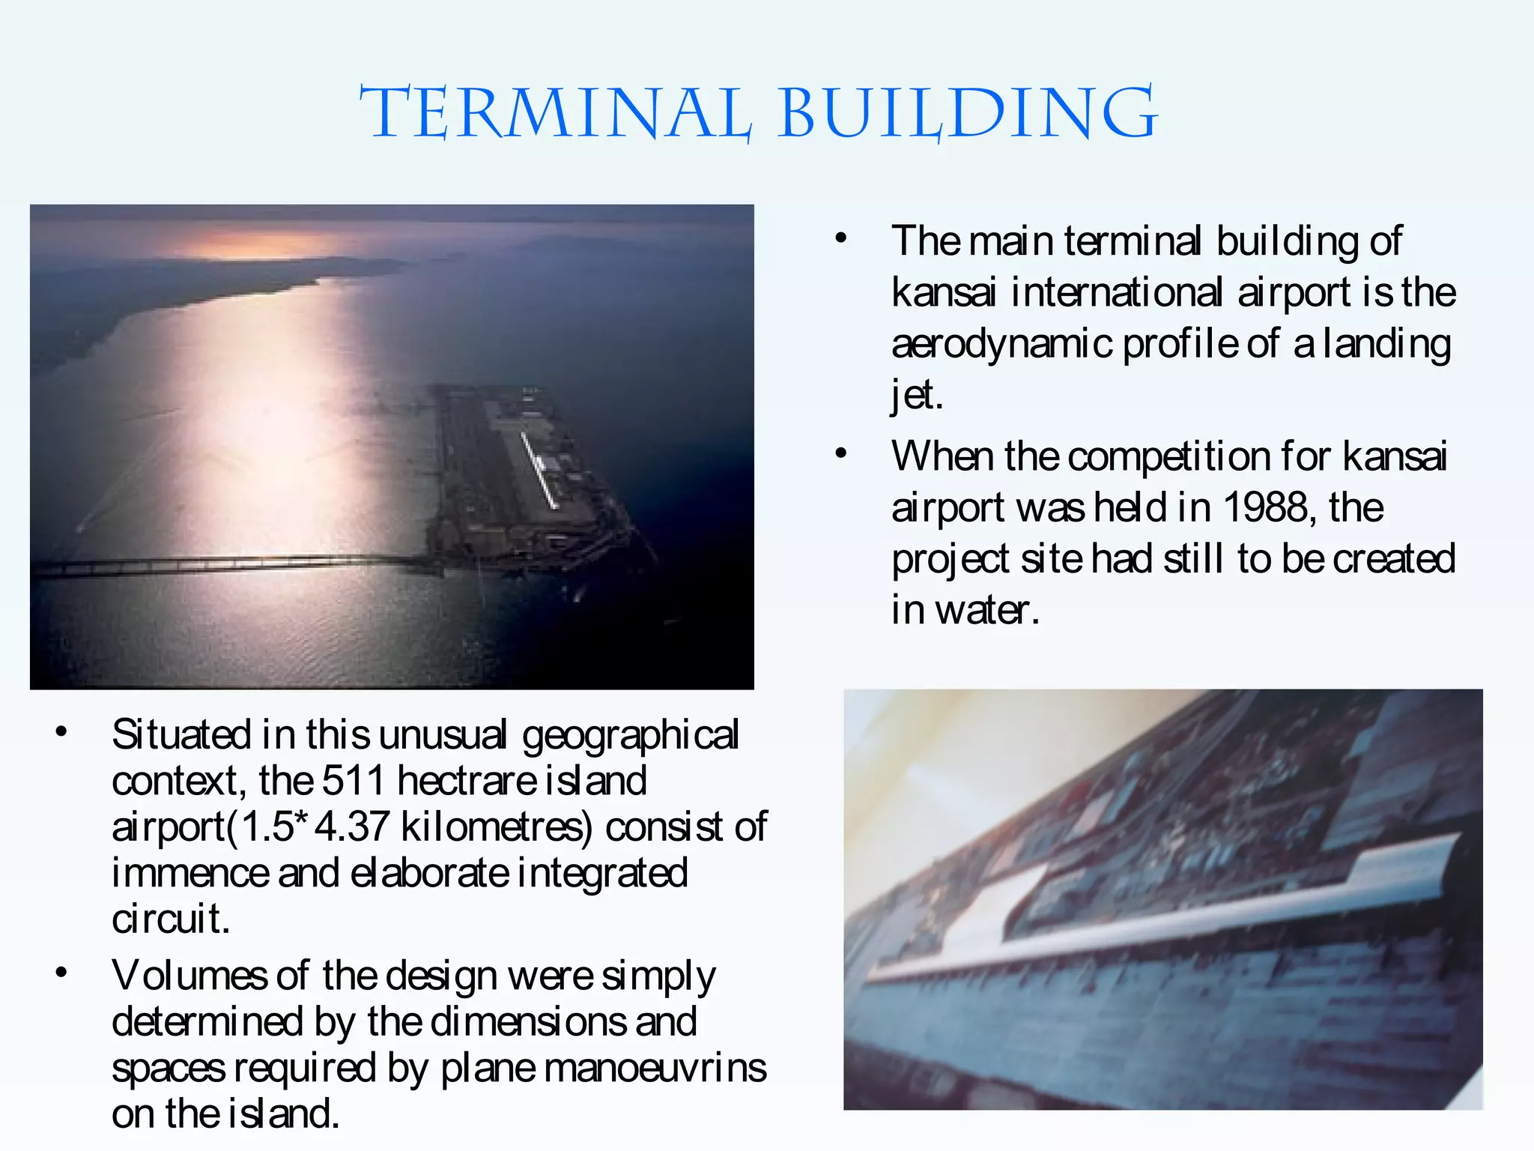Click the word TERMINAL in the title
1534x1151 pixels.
554,114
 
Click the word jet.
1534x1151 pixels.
915,395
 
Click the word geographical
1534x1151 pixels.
630,735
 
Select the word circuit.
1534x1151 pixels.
170,919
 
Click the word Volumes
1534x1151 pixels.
189,976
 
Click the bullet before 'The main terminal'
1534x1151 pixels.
841,239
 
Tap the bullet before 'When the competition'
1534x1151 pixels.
841,454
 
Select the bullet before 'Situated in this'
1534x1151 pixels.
61,732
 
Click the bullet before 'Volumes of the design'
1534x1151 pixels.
61,973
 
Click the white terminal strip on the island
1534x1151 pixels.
539,472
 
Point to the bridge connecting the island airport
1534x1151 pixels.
225,564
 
